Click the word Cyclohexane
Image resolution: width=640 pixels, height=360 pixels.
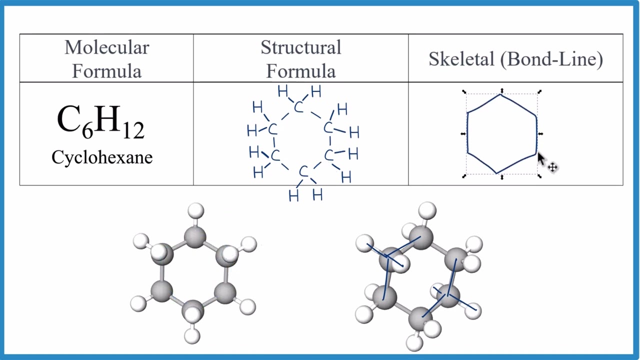point(102,157)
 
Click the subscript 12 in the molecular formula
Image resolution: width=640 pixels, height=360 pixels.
point(132,131)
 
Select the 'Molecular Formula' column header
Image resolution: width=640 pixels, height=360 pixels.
point(106,59)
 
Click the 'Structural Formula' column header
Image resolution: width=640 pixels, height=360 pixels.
point(300,59)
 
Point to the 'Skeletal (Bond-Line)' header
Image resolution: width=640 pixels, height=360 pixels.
point(515,59)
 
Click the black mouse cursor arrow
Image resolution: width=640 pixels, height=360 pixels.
point(541,159)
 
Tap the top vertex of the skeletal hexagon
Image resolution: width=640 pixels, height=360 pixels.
point(500,94)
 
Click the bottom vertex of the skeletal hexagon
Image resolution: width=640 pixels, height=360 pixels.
point(497,173)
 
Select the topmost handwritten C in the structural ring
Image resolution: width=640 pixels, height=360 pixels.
point(298,107)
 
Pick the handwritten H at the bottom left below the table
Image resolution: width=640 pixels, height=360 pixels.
point(293,195)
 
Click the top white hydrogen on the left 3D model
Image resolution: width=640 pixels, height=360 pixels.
point(196,210)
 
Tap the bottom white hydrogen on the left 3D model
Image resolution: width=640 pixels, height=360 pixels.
point(192,335)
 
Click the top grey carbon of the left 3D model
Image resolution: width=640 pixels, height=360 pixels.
point(194,236)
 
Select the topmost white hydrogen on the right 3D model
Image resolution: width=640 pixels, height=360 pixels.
point(427,210)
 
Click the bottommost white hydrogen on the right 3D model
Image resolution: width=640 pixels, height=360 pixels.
point(414,343)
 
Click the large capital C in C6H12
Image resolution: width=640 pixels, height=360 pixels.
point(69,120)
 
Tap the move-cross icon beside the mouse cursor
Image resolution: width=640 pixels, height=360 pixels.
point(552,167)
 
